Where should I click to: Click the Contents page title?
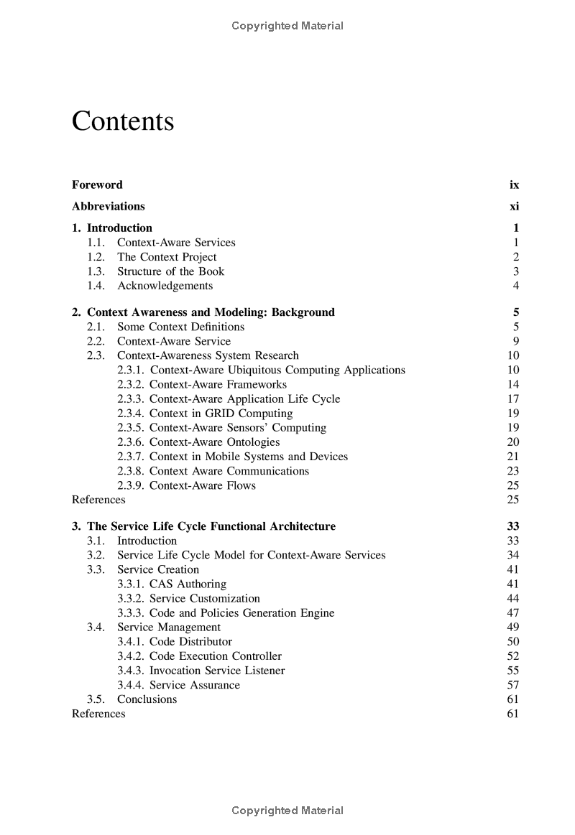pyautogui.click(x=123, y=121)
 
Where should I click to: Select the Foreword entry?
pyautogui.click(x=97, y=185)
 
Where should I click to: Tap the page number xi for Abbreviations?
pyautogui.click(x=514, y=207)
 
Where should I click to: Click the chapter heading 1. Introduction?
pyautogui.click(x=112, y=228)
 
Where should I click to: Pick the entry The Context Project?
pyautogui.click(x=167, y=257)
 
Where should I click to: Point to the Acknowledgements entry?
pyautogui.click(x=165, y=286)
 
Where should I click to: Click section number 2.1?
pyautogui.click(x=96, y=327)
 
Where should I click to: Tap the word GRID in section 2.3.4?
pyautogui.click(x=219, y=413)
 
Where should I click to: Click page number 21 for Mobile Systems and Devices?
pyautogui.click(x=512, y=457)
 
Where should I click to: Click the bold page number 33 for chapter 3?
pyautogui.click(x=512, y=526)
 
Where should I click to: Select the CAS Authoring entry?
pyautogui.click(x=188, y=584)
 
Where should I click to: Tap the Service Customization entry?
pyautogui.click(x=205, y=598)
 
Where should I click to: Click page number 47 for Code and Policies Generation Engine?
pyautogui.click(x=512, y=613)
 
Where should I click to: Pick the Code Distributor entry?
pyautogui.click(x=190, y=642)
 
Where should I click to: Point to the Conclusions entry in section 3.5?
pyautogui.click(x=147, y=699)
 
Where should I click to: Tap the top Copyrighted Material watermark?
pyautogui.click(x=287, y=27)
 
